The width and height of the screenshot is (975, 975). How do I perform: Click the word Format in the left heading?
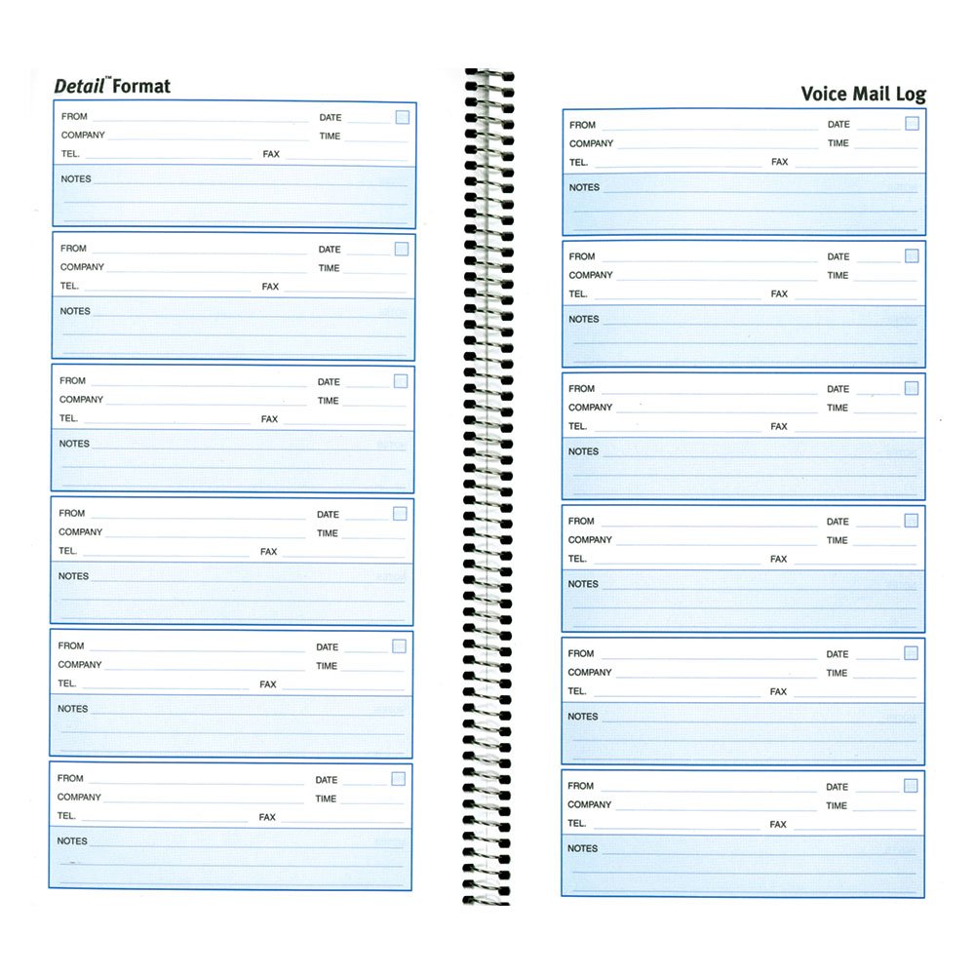tap(141, 86)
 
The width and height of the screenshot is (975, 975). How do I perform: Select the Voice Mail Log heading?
tap(863, 94)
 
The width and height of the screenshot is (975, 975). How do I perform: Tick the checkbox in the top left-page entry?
tap(402, 117)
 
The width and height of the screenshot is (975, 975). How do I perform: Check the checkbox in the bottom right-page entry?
tap(911, 785)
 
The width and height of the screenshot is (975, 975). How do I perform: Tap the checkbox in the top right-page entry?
tap(912, 123)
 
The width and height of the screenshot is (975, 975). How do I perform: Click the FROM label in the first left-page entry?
tap(74, 116)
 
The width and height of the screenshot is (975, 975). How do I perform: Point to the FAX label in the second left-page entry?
tap(270, 287)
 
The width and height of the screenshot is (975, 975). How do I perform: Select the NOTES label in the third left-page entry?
tap(74, 444)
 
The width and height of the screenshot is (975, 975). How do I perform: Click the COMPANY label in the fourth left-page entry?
tap(80, 532)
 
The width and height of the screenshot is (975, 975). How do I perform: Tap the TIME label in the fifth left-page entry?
tap(327, 666)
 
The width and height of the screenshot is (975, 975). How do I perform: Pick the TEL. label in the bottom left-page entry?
tap(66, 816)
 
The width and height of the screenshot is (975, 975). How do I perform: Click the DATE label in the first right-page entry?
tap(838, 124)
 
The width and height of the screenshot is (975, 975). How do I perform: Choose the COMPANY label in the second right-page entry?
tap(591, 275)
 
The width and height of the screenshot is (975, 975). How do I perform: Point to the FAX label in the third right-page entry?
tap(779, 426)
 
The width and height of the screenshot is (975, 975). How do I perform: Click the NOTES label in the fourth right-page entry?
tap(583, 584)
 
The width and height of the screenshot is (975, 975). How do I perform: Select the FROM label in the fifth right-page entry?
tap(581, 653)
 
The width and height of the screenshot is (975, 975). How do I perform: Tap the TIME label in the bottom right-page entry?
tap(837, 805)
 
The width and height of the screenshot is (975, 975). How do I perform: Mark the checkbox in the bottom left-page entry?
tap(398, 778)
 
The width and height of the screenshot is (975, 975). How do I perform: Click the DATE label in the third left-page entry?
tap(329, 382)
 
